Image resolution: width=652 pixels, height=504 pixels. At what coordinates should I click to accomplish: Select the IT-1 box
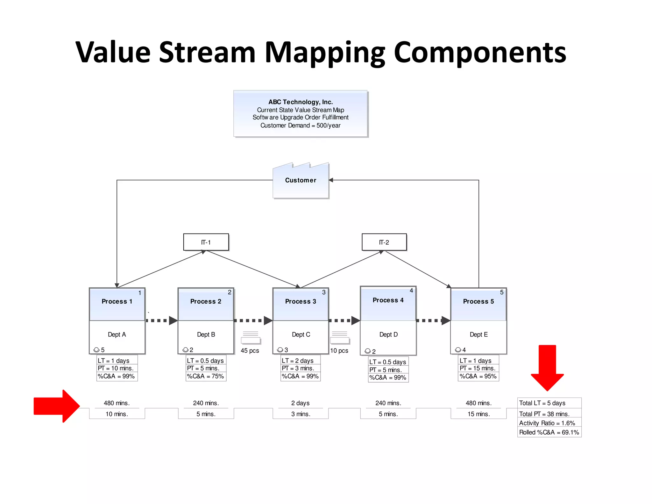(x=206, y=242)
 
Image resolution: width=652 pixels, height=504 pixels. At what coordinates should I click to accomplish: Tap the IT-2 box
(x=384, y=242)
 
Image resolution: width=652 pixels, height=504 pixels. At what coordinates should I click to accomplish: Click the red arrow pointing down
(x=547, y=367)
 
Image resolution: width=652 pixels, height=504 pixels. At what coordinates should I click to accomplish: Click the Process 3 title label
(x=301, y=301)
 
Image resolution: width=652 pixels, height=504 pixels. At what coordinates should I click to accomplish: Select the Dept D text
(x=388, y=335)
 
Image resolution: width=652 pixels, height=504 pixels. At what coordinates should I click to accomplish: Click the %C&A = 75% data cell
(x=206, y=376)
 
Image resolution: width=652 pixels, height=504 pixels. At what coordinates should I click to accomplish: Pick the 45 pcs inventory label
(x=250, y=351)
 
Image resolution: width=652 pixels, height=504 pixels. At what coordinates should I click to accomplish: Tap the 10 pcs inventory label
(x=339, y=351)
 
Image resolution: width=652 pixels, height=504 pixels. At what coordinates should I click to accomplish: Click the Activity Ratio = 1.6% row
(x=547, y=423)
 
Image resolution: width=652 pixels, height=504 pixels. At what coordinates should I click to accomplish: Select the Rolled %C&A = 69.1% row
(x=549, y=432)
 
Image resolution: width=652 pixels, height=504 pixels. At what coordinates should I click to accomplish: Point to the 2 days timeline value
(x=300, y=403)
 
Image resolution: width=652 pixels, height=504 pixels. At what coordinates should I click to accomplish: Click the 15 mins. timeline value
(x=478, y=414)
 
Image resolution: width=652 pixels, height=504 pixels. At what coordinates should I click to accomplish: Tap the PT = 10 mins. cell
(x=116, y=368)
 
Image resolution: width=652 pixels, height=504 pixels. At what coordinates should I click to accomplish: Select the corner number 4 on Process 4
(x=411, y=291)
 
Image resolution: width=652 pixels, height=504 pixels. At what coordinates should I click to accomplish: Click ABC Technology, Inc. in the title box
(x=301, y=102)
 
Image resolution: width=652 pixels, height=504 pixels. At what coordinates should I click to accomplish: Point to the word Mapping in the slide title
(x=325, y=53)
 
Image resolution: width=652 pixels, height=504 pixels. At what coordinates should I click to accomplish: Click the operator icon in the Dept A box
(x=96, y=350)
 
